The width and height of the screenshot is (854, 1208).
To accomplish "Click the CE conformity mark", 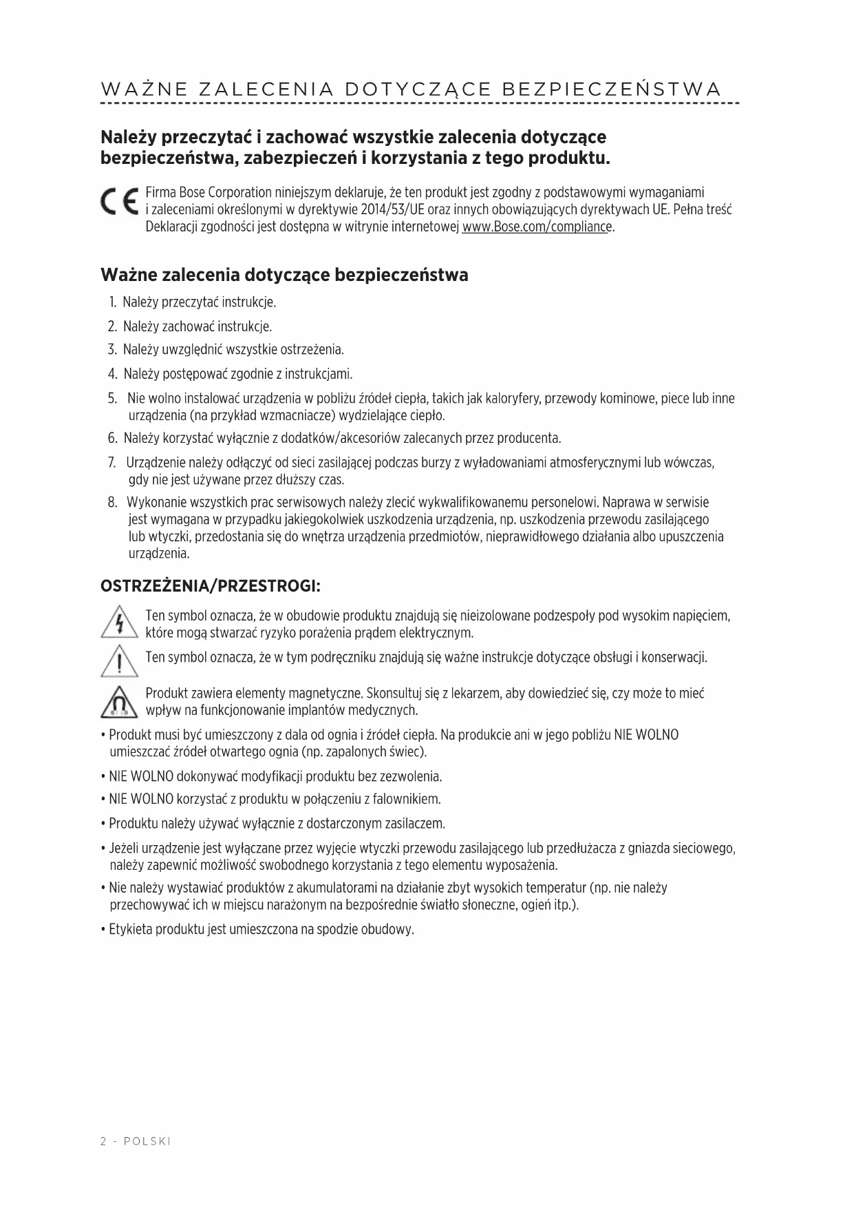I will coord(120,201).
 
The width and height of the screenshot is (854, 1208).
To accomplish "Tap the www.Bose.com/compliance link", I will coord(537,227).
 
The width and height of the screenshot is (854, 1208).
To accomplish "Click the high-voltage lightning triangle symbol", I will coord(120,623).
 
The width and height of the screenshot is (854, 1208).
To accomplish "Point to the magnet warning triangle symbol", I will coord(120,702).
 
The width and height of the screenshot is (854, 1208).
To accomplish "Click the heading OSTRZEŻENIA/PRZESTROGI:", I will coord(211,586).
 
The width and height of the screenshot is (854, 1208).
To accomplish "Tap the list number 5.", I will coord(112,399).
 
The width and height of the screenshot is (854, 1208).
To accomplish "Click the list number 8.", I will coord(112,502).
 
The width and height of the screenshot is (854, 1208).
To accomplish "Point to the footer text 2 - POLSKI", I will coord(136,1141).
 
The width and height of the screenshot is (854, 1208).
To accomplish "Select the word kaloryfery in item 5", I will coord(513,399).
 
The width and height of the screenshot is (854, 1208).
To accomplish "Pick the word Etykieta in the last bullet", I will coord(131,929).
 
